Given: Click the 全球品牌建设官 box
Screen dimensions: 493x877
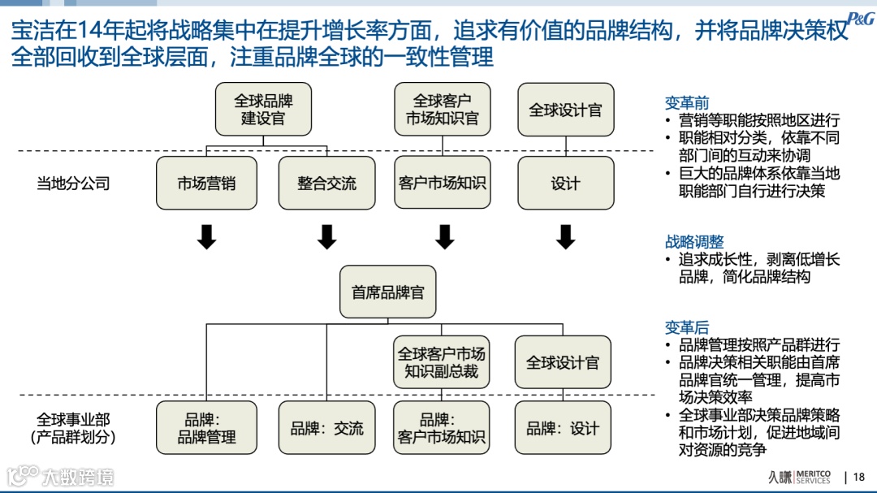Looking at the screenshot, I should [263, 110].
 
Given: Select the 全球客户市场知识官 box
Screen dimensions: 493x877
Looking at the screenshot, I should [442, 110].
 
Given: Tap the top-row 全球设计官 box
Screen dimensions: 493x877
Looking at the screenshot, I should [565, 110].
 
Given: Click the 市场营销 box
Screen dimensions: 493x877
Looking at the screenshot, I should [206, 184].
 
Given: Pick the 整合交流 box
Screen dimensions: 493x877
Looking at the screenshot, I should [326, 184].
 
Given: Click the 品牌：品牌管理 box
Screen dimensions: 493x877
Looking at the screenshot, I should [206, 428].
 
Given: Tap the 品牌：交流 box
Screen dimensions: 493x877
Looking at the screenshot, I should [326, 428].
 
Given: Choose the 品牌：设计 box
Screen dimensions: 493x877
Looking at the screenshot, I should [562, 428].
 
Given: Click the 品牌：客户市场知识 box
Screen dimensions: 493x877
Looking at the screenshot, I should [442, 428].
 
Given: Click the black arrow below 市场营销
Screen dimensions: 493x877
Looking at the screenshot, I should [207, 236].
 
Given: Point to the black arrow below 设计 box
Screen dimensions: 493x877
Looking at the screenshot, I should [566, 236].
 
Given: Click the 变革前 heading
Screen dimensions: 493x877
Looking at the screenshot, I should [687, 103].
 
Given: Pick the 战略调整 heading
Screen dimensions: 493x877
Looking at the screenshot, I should [694, 242].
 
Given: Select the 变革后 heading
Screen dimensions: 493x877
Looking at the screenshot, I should [687, 327].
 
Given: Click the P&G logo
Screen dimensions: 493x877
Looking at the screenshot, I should [860, 19].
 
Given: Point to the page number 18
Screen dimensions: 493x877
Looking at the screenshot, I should [859, 477].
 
